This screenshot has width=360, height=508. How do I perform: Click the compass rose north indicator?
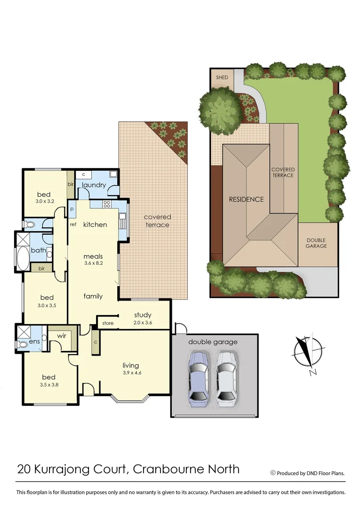pyautogui.click(x=308, y=353)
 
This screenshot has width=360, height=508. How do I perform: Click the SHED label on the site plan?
pyautogui.click(x=222, y=78)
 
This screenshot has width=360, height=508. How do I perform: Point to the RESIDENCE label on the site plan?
pyautogui.click(x=246, y=199)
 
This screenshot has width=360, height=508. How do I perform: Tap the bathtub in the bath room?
pyautogui.click(x=22, y=258)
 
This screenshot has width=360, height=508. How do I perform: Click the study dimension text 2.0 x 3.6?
pyautogui.click(x=142, y=323)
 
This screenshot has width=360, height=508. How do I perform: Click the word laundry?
pyautogui.click(x=94, y=185)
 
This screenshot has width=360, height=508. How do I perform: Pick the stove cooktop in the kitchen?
pyautogui.click(x=106, y=204)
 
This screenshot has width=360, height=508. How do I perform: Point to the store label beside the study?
pyautogui.click(x=108, y=323)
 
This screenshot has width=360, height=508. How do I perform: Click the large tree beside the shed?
pyautogui.click(x=219, y=109)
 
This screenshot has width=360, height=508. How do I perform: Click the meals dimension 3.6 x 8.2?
pyautogui.click(x=93, y=263)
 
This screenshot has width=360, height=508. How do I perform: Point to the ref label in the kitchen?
pyautogui.click(x=73, y=225)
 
